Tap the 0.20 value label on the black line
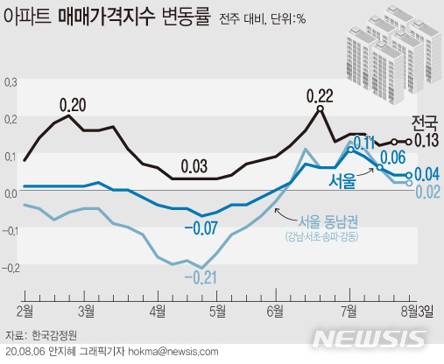(72, 105)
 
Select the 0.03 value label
(194, 166)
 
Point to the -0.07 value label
(201, 228)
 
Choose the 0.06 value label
(391, 157)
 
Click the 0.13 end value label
(426, 142)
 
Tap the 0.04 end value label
(426, 175)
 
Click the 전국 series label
(424, 122)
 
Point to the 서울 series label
(342, 181)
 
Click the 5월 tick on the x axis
(215, 310)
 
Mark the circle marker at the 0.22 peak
(321, 109)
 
